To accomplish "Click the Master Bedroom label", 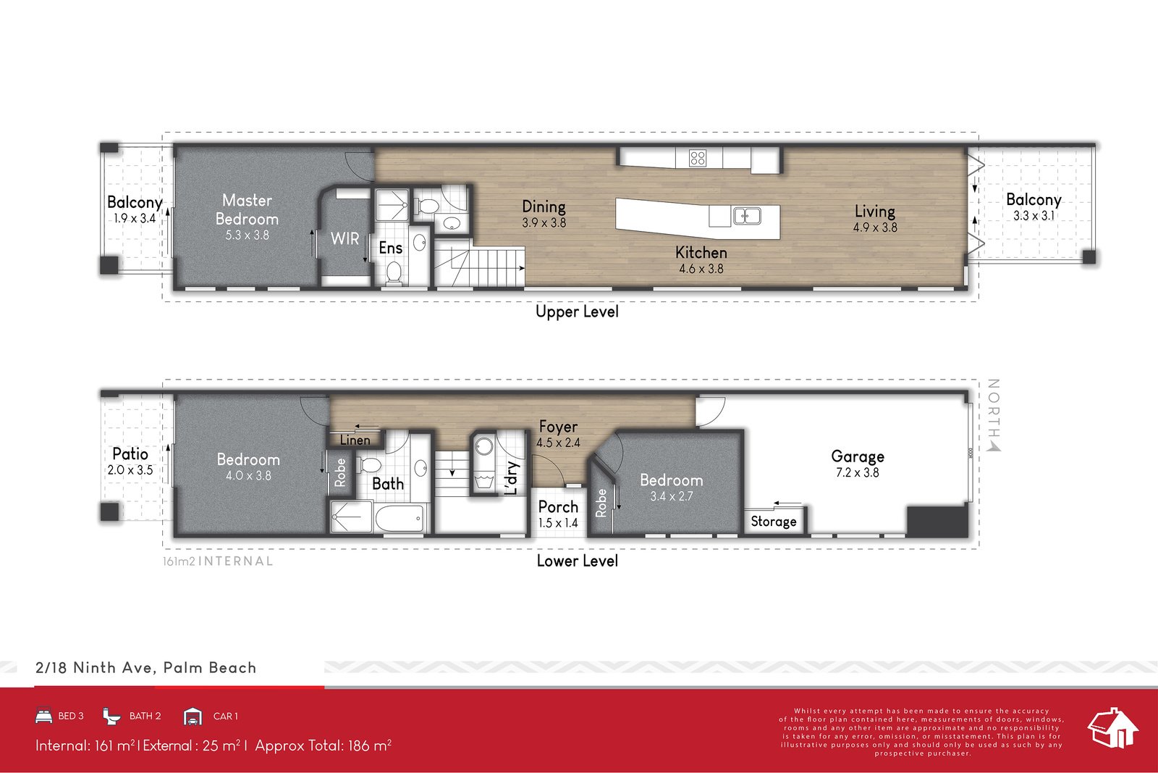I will (x=247, y=209).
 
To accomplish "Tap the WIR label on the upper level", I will (x=345, y=238).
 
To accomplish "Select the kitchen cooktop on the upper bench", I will (x=698, y=158).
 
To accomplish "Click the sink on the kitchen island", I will (x=746, y=216).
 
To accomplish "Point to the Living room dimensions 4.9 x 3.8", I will (x=874, y=227).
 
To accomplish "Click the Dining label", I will (x=544, y=206).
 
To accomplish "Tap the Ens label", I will (x=390, y=248).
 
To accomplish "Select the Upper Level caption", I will (x=577, y=312).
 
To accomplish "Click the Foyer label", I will (x=558, y=427).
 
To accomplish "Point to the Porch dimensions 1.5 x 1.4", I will (x=558, y=523).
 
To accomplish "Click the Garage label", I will (x=857, y=456).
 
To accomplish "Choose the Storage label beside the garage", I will (x=773, y=522).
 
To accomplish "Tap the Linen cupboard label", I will (x=355, y=440).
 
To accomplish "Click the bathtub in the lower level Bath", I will (x=399, y=519).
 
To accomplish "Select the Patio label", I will (x=130, y=454).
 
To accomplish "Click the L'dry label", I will (x=511, y=477).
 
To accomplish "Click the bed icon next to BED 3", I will (x=44, y=716).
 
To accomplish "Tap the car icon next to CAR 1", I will (x=193, y=716).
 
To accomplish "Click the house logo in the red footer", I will (x=1112, y=727).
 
